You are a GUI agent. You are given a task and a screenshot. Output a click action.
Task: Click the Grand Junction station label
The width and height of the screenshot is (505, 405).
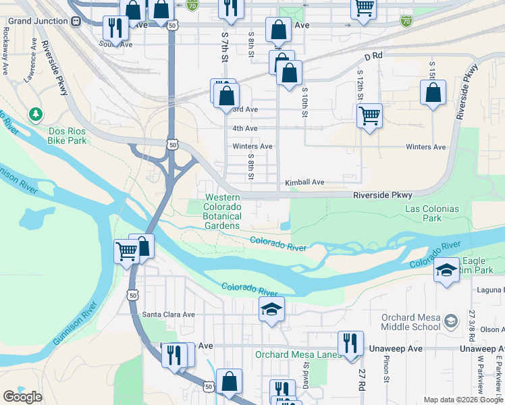(38, 21)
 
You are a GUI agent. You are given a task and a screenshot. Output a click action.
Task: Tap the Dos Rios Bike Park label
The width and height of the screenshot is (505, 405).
(68, 136)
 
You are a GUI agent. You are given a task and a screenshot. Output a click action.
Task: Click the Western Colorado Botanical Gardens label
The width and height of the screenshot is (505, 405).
(223, 211)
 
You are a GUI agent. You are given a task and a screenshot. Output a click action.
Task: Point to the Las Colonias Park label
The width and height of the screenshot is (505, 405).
(432, 213)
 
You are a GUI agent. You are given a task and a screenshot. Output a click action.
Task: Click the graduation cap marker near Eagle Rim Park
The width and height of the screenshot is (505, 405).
(446, 271)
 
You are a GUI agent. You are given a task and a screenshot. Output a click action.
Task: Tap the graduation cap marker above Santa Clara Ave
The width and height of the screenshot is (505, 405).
(271, 310)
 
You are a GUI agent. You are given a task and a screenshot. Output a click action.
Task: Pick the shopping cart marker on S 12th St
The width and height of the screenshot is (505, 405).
(369, 115)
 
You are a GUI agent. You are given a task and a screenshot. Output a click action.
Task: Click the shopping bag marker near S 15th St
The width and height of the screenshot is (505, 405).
(433, 92)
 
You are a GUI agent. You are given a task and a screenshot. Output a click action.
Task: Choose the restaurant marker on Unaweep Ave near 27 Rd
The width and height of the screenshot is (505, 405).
(350, 343)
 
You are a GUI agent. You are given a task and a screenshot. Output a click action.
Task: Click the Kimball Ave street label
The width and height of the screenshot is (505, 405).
(304, 182)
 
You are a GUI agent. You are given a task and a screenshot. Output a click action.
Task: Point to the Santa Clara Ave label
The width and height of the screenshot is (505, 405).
(168, 314)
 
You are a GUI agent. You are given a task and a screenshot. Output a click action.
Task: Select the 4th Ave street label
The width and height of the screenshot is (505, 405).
(244, 128)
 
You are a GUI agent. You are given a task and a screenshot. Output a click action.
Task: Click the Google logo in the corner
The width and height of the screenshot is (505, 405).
(22, 397)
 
